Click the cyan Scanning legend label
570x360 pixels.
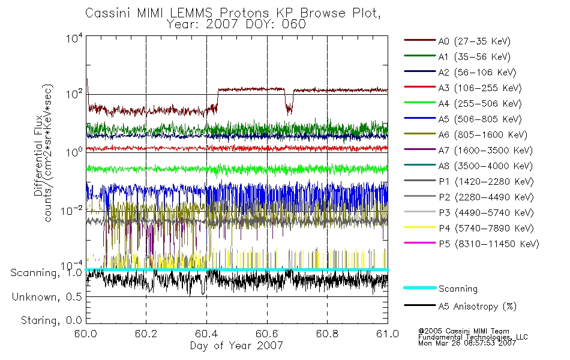pyautogui.click(x=458, y=289)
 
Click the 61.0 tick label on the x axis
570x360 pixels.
pyautogui.click(x=388, y=334)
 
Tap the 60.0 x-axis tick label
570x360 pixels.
pyautogui.click(x=86, y=334)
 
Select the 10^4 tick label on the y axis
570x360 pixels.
pyautogui.click(x=74, y=38)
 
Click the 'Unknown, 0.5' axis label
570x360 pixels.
pyautogui.click(x=47, y=297)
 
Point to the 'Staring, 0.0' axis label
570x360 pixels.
pyautogui.click(x=51, y=320)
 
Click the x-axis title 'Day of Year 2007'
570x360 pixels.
pyautogui.click(x=236, y=345)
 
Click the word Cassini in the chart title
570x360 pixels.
pyautogui.click(x=109, y=13)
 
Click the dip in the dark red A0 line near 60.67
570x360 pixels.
pyautogui.click(x=289, y=108)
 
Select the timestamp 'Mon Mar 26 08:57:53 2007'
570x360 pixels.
pyautogui.click(x=467, y=343)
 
